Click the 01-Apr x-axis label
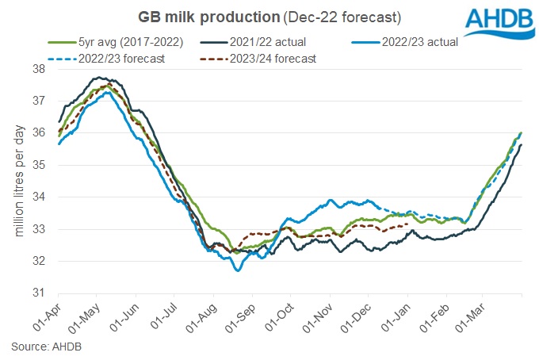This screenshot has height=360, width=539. [x=47, y=316]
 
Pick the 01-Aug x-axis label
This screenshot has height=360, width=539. [x=202, y=316]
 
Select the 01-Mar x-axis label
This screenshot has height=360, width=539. [x=472, y=316]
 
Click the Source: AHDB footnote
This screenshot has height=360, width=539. [x=45, y=347]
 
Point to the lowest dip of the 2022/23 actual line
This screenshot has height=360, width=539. [x=237, y=271]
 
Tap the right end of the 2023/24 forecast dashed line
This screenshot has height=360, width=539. [x=407, y=224]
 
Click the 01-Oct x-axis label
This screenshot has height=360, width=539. [x=280, y=316]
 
